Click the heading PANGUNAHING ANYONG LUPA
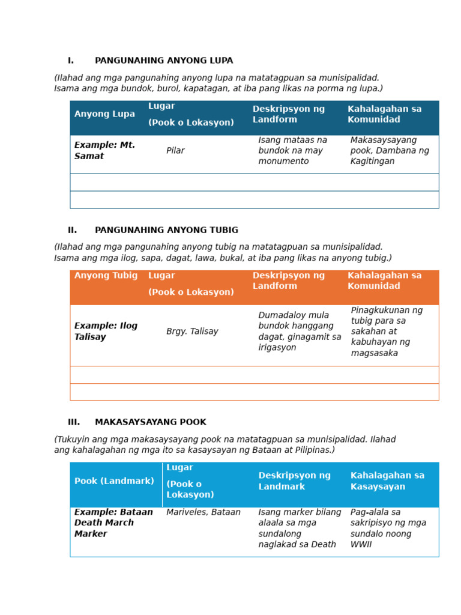(x=164, y=61)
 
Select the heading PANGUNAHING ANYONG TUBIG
(x=166, y=230)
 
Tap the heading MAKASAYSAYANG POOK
(x=150, y=422)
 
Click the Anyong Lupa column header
(x=104, y=114)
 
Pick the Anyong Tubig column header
(x=106, y=276)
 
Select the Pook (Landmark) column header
(x=114, y=481)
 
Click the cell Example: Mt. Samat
(x=104, y=151)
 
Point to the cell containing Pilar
(x=175, y=151)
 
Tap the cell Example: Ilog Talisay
(x=106, y=332)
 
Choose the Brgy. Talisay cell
(x=192, y=332)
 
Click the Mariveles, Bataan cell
(x=203, y=512)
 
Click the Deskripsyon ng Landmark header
(x=294, y=481)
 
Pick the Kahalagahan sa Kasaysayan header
(x=387, y=481)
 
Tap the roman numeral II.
(x=72, y=230)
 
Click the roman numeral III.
(x=73, y=422)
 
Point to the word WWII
(x=361, y=545)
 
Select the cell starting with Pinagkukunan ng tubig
(x=387, y=332)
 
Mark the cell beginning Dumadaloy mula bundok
(x=299, y=332)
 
